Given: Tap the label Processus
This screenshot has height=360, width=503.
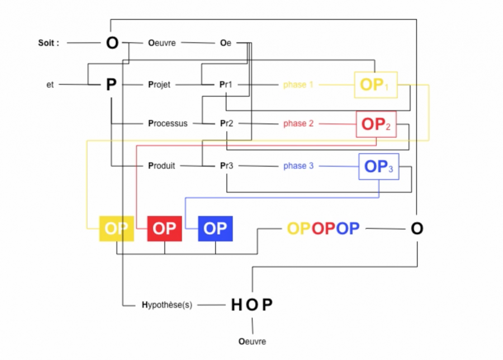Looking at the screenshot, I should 168,123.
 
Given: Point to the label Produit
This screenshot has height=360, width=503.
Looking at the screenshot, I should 162,165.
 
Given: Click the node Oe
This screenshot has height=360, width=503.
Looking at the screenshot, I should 225,42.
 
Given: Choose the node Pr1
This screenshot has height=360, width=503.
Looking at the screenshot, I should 226,85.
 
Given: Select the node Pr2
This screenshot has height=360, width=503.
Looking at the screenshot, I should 226,123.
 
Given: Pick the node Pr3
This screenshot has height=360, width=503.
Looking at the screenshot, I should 226,165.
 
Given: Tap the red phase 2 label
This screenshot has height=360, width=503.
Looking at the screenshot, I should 298,124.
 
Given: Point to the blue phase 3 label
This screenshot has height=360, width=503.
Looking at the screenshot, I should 298,165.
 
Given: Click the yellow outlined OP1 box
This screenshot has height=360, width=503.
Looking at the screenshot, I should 376,85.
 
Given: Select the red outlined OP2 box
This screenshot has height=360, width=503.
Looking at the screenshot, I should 376,124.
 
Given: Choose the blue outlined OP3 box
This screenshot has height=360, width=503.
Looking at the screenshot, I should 378,166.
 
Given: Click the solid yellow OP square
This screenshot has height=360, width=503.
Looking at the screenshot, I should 116,228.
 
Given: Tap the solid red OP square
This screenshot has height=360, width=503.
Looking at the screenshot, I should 164,228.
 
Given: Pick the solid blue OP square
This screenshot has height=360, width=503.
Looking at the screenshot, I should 215,228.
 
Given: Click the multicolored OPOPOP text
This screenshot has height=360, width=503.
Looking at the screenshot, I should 323,228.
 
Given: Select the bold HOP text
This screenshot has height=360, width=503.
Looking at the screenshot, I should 252,305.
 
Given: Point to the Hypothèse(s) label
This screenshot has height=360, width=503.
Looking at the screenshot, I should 167,305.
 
